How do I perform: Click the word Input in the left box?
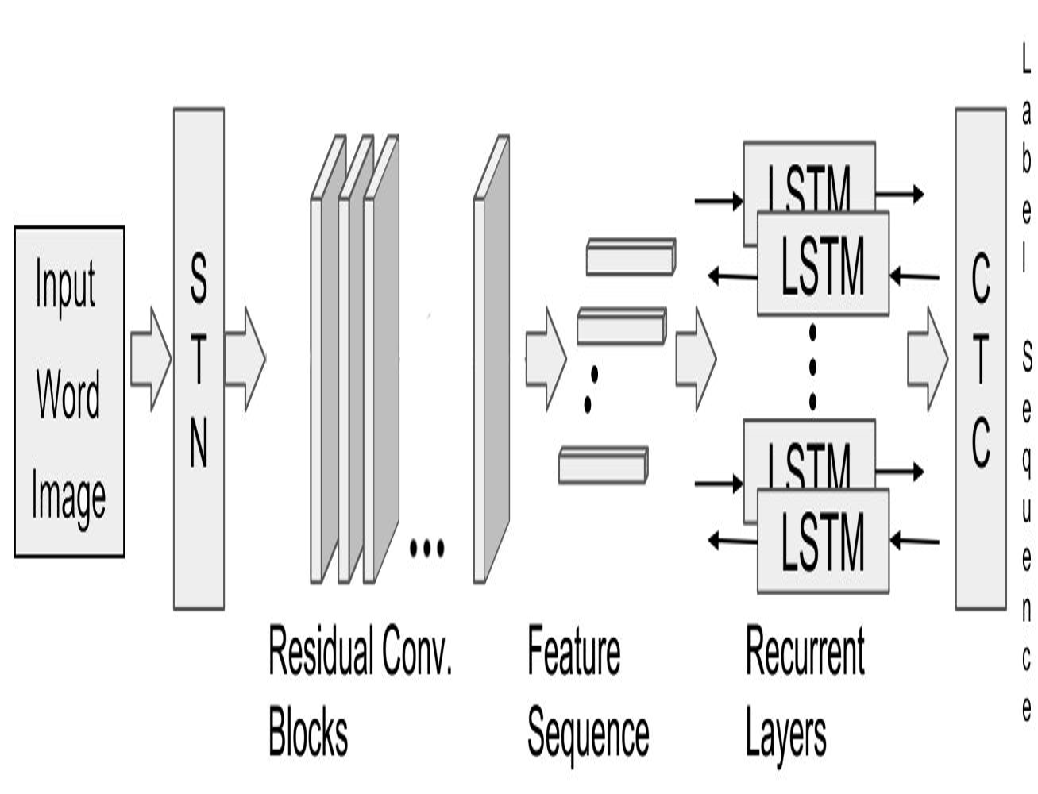[x=65, y=284]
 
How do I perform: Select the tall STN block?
[x=199, y=359]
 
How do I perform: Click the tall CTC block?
[x=980, y=359]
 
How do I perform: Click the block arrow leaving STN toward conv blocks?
[x=245, y=359]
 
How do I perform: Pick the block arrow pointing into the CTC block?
[x=927, y=359]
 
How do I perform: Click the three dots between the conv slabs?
[x=426, y=547]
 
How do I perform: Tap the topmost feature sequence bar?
[x=630, y=257]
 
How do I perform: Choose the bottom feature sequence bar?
[x=603, y=465]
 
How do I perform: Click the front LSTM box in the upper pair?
[x=823, y=264]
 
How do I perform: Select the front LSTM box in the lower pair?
[x=823, y=542]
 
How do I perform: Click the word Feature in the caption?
[x=574, y=651]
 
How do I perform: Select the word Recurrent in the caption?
[x=805, y=651]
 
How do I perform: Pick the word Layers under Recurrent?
[x=785, y=734]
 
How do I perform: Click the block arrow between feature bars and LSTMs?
[x=695, y=359]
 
